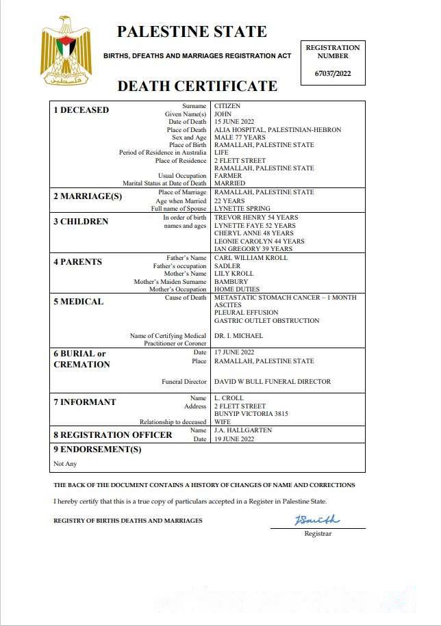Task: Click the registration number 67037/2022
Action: (332, 73)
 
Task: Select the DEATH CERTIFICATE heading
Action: (197, 86)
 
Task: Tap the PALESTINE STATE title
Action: (192, 31)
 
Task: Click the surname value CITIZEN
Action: (227, 106)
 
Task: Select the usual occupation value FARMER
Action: (229, 176)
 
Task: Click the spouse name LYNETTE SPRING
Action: (242, 208)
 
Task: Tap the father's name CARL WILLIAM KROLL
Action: (251, 258)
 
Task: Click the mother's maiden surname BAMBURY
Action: (231, 281)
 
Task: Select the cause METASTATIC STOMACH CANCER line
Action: (285, 298)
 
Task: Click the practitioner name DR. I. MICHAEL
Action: (238, 336)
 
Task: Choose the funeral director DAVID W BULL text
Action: (272, 382)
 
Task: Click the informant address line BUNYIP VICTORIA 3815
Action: (251, 414)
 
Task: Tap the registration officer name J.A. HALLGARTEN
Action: (243, 430)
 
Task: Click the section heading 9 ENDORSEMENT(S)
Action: (97, 449)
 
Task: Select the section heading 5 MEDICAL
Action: (79, 302)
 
